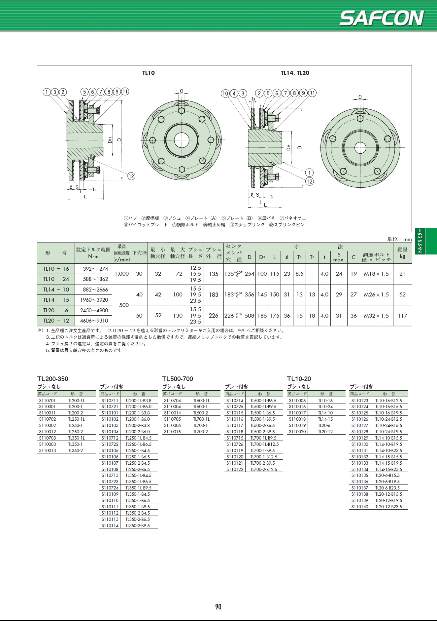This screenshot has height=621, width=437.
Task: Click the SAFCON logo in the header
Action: tap(382, 18)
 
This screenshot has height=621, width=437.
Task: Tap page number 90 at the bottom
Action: tap(218, 606)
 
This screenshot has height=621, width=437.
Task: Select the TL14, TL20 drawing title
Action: tap(295, 73)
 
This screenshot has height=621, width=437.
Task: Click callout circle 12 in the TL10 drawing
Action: tap(131, 176)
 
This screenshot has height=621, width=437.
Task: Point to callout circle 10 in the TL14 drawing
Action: tap(225, 93)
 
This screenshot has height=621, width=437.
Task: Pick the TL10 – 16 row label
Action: tap(56, 269)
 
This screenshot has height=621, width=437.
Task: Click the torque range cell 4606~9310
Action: tap(94, 321)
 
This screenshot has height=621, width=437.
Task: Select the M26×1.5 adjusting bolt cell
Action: tap(376, 294)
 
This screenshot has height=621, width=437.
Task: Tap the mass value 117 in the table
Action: tap(402, 316)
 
